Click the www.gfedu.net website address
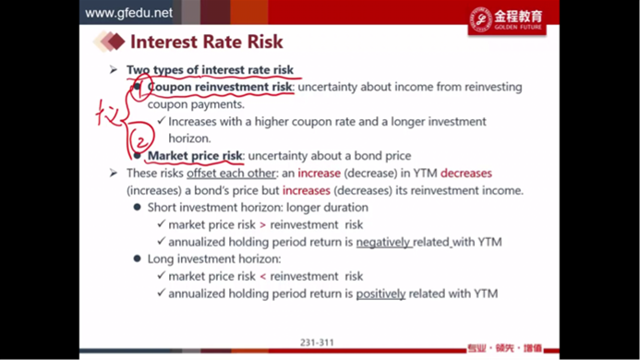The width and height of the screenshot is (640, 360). [128, 13]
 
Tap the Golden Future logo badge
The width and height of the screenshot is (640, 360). [507, 19]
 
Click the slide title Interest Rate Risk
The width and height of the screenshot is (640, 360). [207, 42]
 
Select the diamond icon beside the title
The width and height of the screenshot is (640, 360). [109, 42]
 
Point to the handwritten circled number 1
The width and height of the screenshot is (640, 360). [141, 87]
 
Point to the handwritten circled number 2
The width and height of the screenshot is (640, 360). [141, 138]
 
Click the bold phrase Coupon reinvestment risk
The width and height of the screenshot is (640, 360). [220, 87]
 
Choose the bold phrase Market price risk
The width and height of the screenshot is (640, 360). [195, 155]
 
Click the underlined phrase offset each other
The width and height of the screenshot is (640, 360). [231, 173]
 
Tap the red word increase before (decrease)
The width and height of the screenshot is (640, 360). [319, 173]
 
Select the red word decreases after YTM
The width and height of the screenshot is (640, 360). [466, 173]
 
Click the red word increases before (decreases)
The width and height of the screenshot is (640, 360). [306, 190]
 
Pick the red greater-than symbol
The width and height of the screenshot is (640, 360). [262, 225]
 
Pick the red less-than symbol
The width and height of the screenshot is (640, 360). [262, 276]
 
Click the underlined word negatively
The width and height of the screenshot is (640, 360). [383, 242]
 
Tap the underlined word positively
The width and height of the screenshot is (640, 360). [380, 294]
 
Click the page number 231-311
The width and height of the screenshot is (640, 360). [317, 342]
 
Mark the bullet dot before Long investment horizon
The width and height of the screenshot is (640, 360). [137, 258]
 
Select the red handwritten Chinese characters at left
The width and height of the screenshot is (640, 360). [108, 114]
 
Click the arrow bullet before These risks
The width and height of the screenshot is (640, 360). [114, 173]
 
